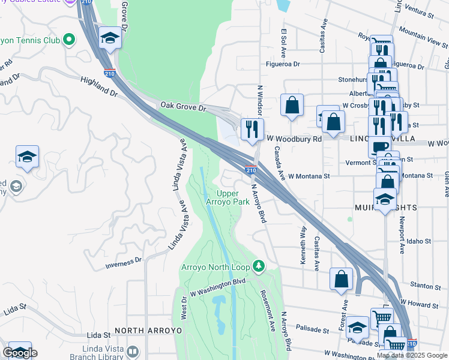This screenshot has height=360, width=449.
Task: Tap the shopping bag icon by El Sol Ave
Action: tap(292, 105)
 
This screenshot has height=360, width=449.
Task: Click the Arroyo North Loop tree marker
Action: tap(259, 265)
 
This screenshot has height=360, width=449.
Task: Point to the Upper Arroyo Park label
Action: tap(232, 197)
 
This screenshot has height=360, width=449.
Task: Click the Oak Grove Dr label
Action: tap(182, 106)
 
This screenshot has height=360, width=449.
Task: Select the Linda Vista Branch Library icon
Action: tap(133, 351)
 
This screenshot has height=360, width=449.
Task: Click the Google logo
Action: tap(20, 353)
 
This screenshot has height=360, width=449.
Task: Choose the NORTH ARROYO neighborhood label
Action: tap(140, 331)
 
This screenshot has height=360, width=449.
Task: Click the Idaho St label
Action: tap(418, 241)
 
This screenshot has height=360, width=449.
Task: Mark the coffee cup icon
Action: tap(379, 147)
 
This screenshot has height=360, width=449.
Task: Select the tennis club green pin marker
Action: tap(69, 40)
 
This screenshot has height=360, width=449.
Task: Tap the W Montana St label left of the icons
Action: tap(309, 176)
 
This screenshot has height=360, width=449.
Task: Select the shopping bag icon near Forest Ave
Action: tap(341, 279)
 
